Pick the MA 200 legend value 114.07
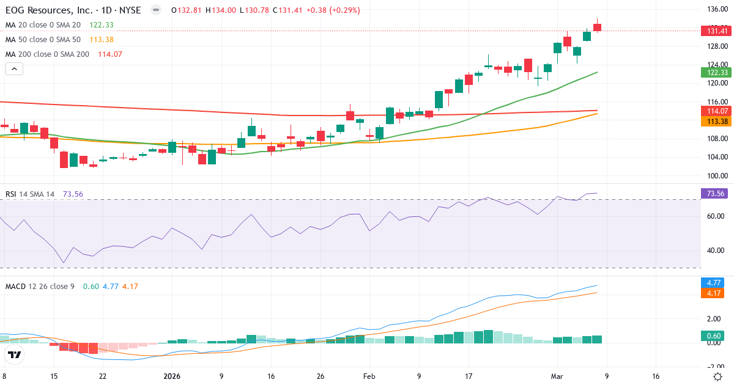[110, 54]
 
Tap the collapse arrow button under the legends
[14, 69]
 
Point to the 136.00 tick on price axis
[716, 9]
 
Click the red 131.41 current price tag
[716, 31]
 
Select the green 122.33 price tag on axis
[716, 72]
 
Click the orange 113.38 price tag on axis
[716, 122]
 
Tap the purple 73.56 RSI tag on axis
[716, 194]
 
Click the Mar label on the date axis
[557, 376]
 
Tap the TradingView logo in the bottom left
[15, 355]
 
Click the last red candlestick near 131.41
[597, 28]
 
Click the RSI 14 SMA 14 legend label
[30, 194]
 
